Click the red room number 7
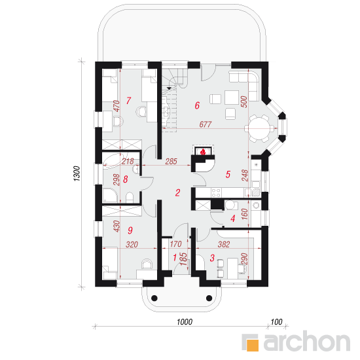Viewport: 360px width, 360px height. [128, 100]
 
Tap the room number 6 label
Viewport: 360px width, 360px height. [197, 105]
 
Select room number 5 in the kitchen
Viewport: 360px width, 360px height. [228, 174]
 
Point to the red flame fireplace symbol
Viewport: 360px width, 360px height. [203, 152]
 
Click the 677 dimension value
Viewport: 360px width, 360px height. [206, 124]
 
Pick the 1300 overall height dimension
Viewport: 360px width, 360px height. [77, 173]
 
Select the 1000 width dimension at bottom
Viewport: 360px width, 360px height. [185, 322]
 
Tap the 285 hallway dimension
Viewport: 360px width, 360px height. [171, 162]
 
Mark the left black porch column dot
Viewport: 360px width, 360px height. [154, 298]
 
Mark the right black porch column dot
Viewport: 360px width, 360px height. [209, 298]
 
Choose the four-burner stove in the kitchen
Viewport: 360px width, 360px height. [216, 192]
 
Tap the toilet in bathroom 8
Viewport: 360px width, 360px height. [130, 198]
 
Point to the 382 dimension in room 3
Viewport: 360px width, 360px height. [224, 244]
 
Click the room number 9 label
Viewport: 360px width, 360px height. [130, 230]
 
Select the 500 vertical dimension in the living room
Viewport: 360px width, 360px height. [245, 101]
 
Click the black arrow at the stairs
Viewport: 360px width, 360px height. [169, 88]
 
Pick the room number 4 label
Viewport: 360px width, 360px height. [233, 219]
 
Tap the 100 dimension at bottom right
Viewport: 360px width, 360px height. [276, 322]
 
